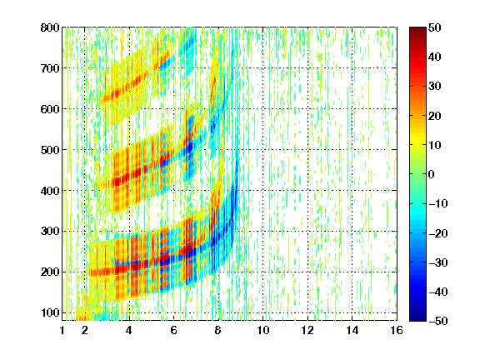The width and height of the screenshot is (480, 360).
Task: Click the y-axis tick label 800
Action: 50,27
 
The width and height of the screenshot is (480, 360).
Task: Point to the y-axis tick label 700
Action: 50,68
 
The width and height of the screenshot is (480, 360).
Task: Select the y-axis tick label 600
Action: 50,109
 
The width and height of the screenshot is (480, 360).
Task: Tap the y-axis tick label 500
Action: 50,150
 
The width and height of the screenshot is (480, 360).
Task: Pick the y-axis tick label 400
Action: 50,191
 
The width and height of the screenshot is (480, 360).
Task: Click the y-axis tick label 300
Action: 50,232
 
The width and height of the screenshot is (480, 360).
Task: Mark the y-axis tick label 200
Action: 50,272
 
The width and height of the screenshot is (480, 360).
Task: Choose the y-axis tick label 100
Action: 50,312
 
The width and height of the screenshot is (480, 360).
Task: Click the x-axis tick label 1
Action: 62,330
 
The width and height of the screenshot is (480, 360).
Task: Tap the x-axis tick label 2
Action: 85,330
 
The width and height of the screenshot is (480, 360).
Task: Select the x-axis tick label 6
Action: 173,330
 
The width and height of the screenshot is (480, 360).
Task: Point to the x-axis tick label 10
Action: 263,330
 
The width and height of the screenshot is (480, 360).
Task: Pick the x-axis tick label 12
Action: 307,330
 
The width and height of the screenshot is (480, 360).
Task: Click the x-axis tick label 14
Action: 352,330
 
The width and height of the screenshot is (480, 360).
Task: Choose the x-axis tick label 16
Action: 397,330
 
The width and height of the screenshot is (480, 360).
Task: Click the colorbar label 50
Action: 434,27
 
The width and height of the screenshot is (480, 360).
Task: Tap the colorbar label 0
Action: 432,174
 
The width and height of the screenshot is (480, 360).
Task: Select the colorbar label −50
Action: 438,321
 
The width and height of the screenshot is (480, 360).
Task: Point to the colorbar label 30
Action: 434,87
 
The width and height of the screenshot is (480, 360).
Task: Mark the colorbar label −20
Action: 438,233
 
